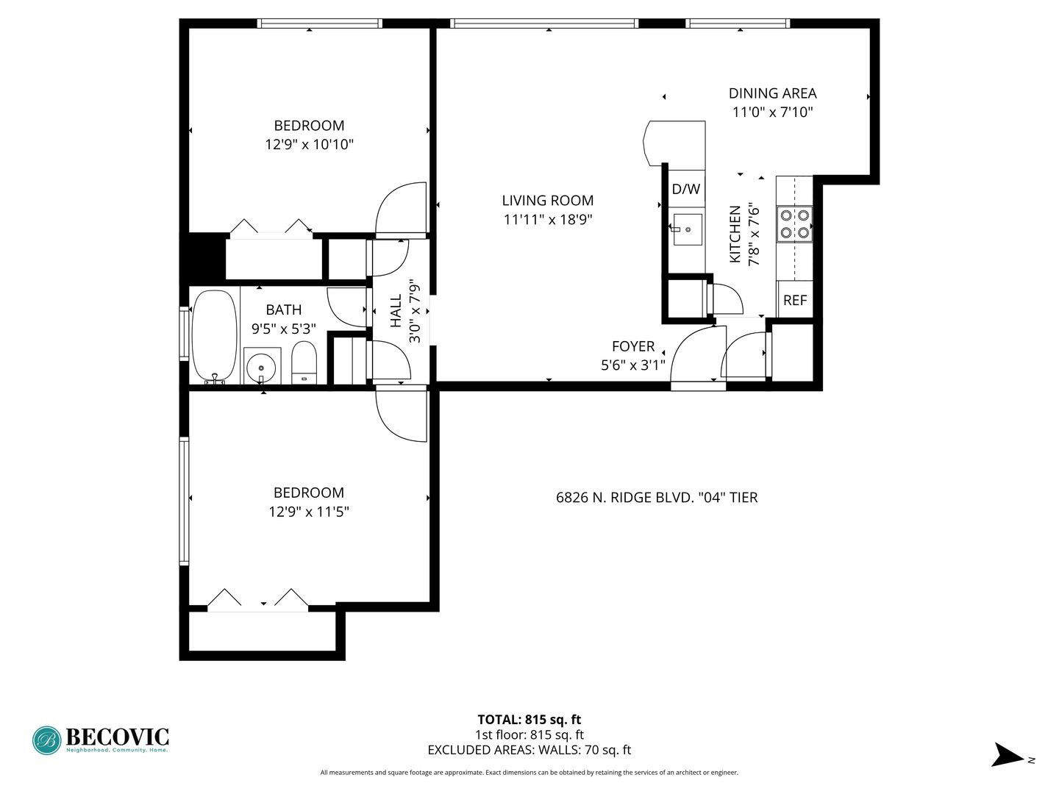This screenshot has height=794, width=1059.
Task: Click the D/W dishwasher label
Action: pos(685,189)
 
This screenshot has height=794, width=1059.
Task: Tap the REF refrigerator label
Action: pos(794,301)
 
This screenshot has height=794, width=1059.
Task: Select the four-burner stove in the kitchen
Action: pos(794,224)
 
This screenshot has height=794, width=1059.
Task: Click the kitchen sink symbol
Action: pos(687,229)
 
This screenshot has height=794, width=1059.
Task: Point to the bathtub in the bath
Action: pos(214,337)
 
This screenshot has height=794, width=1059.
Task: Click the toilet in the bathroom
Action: pos(304,362)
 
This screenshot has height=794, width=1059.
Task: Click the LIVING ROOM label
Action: pos(548,201)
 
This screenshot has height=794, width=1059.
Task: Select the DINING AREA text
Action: pos(772,93)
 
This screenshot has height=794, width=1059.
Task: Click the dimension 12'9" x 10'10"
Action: pos(310,144)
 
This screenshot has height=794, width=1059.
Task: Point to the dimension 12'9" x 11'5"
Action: pos(309,511)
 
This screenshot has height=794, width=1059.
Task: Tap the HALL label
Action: pos(396,311)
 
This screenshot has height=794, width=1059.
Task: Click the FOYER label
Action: pos(633,346)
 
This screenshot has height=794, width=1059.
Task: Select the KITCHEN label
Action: pos(735,235)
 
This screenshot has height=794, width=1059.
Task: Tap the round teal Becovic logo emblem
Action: pos(47,740)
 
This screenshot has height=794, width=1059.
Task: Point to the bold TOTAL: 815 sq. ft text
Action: pos(529,720)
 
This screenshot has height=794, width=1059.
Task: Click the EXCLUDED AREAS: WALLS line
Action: pos(529,750)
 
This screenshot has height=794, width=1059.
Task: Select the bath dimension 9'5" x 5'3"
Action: pos(284,329)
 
